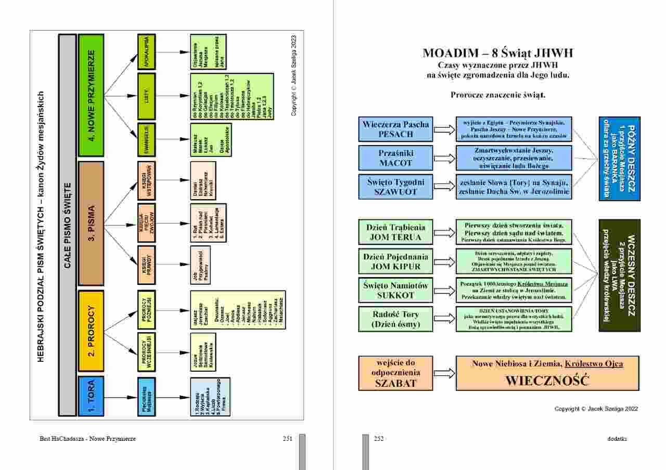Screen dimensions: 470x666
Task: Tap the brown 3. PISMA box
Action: pyautogui.click(x=91, y=224)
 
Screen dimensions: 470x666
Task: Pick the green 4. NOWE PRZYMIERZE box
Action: pyautogui.click(x=91, y=96)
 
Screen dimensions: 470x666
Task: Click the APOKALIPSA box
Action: pyautogui.click(x=146, y=52)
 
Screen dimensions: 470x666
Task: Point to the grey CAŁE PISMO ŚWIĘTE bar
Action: pyautogui.click(x=67, y=224)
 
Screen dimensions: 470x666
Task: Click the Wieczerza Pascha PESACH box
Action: pyautogui.click(x=395, y=129)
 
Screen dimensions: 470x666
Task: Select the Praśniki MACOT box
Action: pyautogui.click(x=395, y=158)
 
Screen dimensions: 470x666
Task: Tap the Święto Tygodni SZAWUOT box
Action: pyautogui.click(x=395, y=187)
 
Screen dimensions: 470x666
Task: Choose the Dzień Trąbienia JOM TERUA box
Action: pyautogui.click(x=395, y=232)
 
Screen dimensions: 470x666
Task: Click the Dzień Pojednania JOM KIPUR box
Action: pyautogui.click(x=395, y=261)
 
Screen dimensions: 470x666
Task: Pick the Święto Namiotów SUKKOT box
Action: pyautogui.click(x=395, y=290)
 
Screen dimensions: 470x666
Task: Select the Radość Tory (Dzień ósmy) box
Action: pyautogui.click(x=395, y=319)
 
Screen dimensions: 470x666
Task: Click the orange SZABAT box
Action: pyautogui.click(x=395, y=373)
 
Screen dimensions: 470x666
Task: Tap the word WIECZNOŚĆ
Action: pyautogui.click(x=547, y=380)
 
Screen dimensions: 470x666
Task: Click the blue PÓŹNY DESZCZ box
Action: pyautogui.click(x=619, y=159)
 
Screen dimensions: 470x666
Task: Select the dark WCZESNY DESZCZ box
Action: pyautogui.click(x=619, y=276)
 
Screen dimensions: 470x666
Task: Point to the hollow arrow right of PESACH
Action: pyautogui.click(x=444, y=129)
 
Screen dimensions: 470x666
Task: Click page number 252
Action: pyautogui.click(x=379, y=439)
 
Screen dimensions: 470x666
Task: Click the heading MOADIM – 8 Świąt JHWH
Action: pyautogui.click(x=497, y=53)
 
